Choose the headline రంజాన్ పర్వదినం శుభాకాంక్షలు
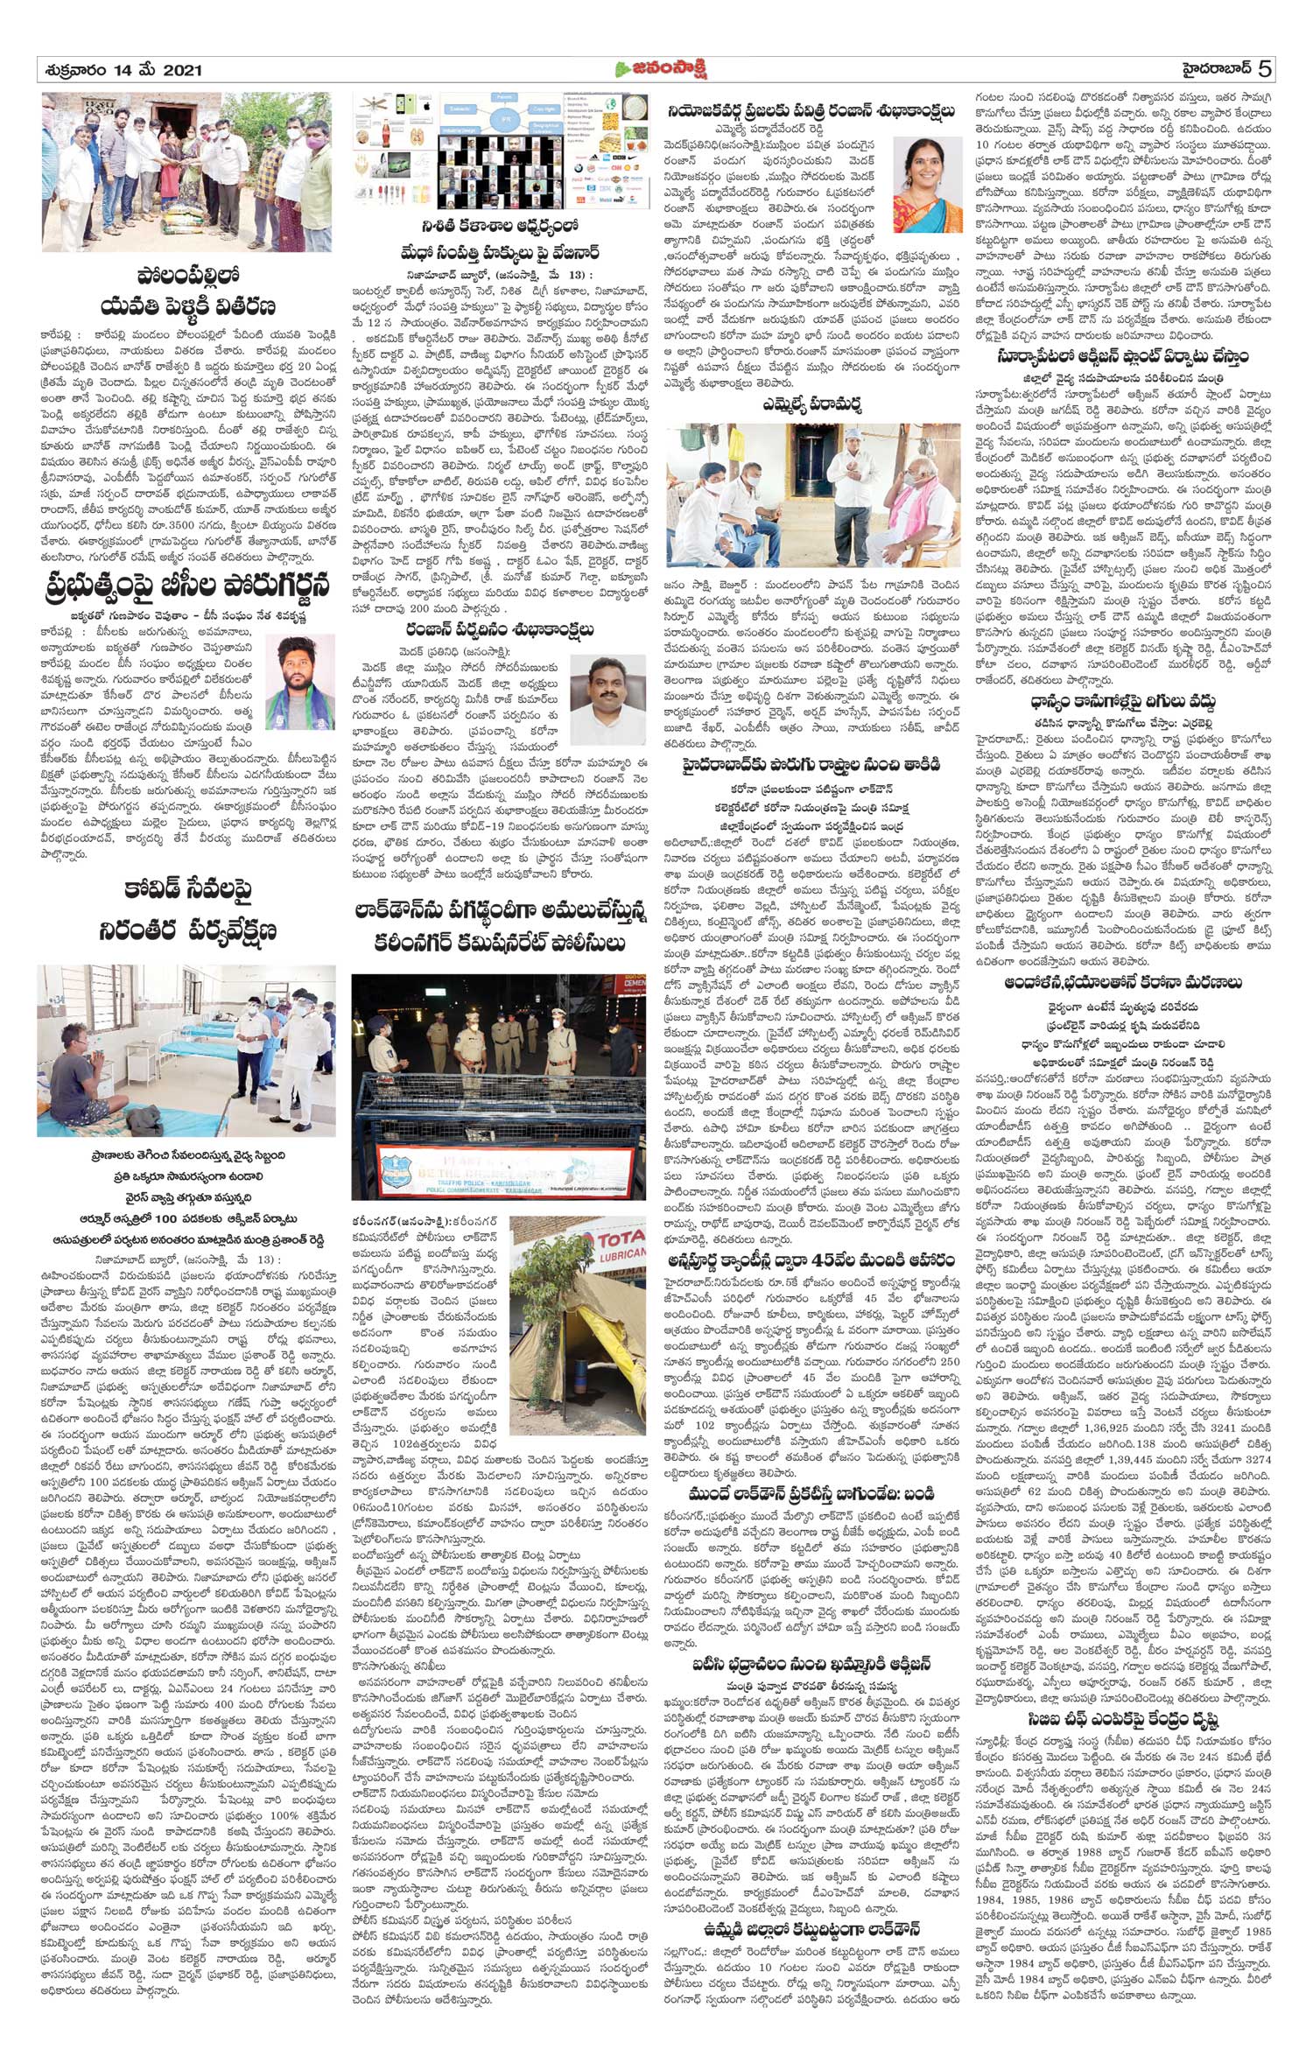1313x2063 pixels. tap(500, 630)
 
